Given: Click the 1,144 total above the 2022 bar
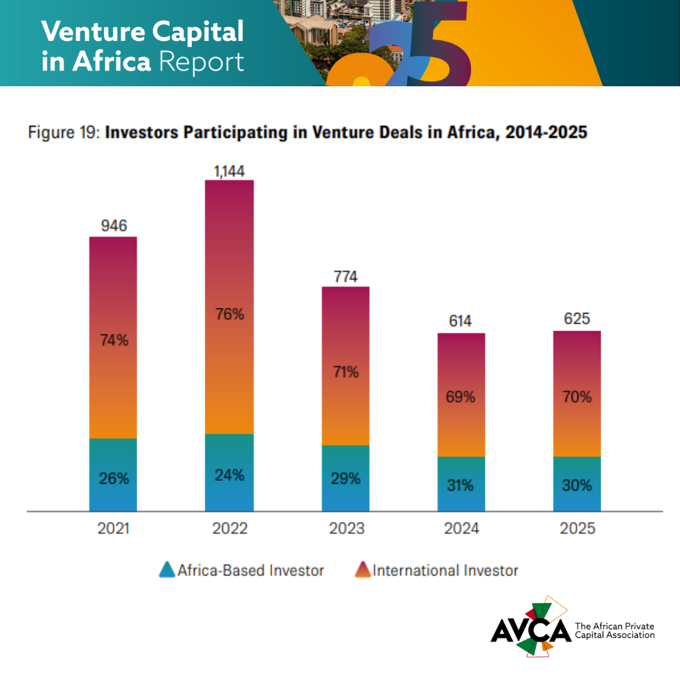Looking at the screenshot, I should (x=229, y=171).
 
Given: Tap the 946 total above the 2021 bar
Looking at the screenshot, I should (x=113, y=226).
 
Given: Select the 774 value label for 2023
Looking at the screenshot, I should (x=346, y=276).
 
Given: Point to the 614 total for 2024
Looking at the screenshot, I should (x=461, y=322).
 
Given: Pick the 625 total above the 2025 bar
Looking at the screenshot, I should (x=577, y=319).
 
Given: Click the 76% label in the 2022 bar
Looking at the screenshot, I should (x=229, y=314).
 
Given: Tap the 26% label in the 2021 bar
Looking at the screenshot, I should (x=113, y=479).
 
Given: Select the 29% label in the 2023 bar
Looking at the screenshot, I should (x=346, y=479).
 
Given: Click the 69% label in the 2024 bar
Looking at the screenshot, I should (x=461, y=397).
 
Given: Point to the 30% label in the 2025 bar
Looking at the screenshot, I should (x=577, y=485).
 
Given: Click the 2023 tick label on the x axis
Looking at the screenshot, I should (x=346, y=529).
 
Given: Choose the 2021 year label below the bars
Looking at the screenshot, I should (x=113, y=529).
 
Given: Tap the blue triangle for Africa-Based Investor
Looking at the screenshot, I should (x=167, y=570).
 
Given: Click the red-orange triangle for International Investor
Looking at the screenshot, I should (x=363, y=570).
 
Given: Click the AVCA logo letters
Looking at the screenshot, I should (x=530, y=630).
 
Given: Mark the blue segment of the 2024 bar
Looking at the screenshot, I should (x=461, y=485).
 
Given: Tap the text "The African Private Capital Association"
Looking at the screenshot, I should (x=615, y=630).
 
